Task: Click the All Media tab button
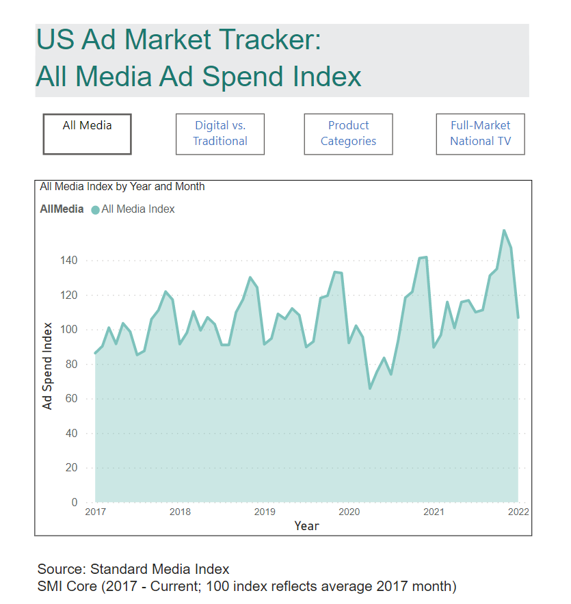pos(87,134)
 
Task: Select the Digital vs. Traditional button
pos(220,134)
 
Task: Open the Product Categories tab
pos(348,134)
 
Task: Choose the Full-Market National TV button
pos(480,134)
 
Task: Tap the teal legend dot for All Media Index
pos(95,210)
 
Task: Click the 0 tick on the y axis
pos(75,503)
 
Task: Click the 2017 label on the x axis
pos(95,512)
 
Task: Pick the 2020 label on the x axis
pos(349,512)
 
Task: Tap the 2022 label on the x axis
pos(518,512)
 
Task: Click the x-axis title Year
pos(306,525)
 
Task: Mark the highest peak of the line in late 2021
pos(504,231)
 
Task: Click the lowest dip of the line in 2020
pos(370,388)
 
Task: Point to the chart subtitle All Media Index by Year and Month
pos(122,186)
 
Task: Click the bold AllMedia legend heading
pos(62,209)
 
